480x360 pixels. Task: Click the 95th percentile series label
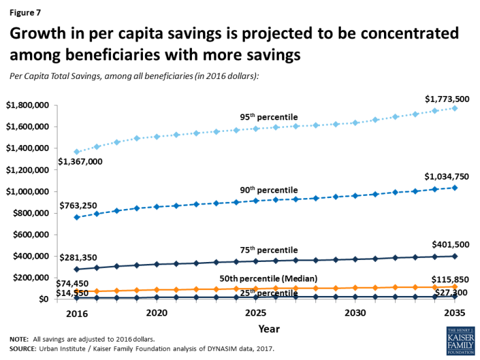(268, 117)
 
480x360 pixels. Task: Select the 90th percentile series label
(268, 190)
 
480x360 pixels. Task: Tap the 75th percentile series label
(268, 250)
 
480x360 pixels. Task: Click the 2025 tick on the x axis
(255, 313)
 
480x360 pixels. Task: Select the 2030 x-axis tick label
(355, 313)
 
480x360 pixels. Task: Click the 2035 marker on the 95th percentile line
(455, 108)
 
